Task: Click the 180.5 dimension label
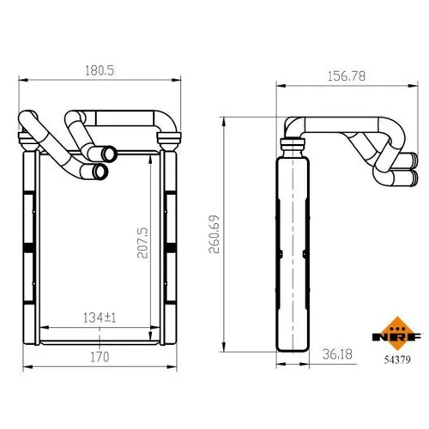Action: click(100, 70)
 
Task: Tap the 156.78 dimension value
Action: click(347, 76)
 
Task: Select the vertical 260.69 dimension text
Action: click(214, 234)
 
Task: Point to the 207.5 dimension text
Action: click(142, 243)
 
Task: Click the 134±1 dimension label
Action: click(100, 317)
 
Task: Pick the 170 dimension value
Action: click(100, 357)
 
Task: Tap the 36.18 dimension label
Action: click(337, 354)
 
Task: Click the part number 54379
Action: click(397, 360)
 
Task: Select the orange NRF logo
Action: click(396, 334)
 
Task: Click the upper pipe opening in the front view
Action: click(109, 154)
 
